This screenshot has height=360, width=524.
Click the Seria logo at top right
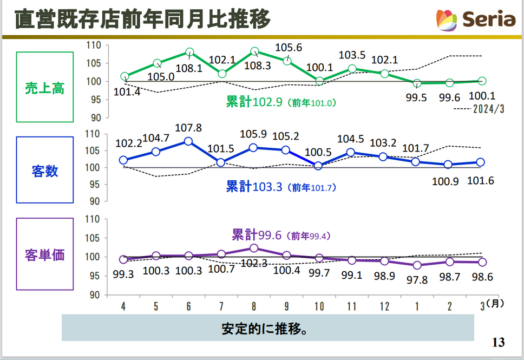[x=475, y=19]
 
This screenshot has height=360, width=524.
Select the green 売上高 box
[x=44, y=87]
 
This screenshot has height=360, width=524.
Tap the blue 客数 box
[x=44, y=171]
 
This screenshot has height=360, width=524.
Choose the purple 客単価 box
[x=44, y=254]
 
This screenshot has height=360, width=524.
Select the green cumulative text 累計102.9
[x=254, y=102]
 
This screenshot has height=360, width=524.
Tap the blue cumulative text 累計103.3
[x=254, y=187]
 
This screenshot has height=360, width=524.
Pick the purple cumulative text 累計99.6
[x=254, y=235]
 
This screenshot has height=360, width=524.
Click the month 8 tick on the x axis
[x=254, y=306]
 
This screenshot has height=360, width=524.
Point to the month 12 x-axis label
[x=384, y=306]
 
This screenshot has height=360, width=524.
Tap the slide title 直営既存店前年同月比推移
[x=142, y=19]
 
